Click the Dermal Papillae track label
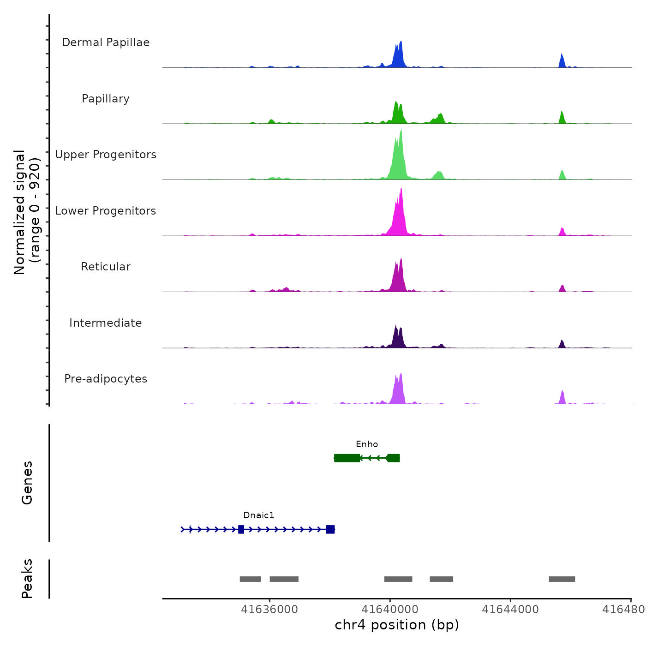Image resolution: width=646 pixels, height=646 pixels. pos(106,42)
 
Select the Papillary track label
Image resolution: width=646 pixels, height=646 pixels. pos(106,99)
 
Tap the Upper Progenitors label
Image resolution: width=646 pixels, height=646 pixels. pos(106,155)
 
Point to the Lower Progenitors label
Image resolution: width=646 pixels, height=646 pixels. pos(106,211)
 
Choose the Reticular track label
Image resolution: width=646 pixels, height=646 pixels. pos(106,267)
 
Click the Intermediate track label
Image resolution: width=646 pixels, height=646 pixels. pos(106,323)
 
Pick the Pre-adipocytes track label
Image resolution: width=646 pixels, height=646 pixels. pos(106,379)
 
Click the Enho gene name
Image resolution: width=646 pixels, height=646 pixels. pos(367,444)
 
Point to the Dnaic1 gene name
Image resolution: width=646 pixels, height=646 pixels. pos(258,515)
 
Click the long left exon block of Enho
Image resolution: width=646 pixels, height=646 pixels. pos(347,458)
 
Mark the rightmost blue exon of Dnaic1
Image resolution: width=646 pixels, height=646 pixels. pos(330,529)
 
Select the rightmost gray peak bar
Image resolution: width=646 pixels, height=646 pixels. pos(562,579)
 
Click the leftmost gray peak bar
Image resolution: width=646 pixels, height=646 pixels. pos(250,579)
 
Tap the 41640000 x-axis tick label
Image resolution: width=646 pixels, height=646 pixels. pos(390,610)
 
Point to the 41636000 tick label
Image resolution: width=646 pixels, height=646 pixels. pos(269,610)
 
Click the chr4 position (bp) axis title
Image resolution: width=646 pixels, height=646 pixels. pos(397,625)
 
